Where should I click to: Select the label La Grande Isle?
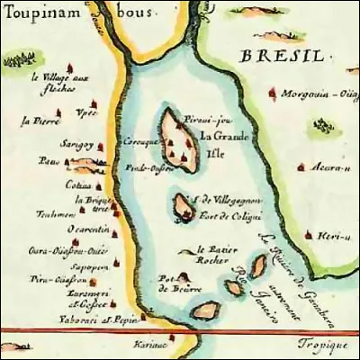tap(218, 145)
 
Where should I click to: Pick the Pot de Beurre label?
tap(171, 283)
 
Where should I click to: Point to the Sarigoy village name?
tap(73, 144)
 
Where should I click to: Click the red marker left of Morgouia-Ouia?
tap(274, 92)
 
